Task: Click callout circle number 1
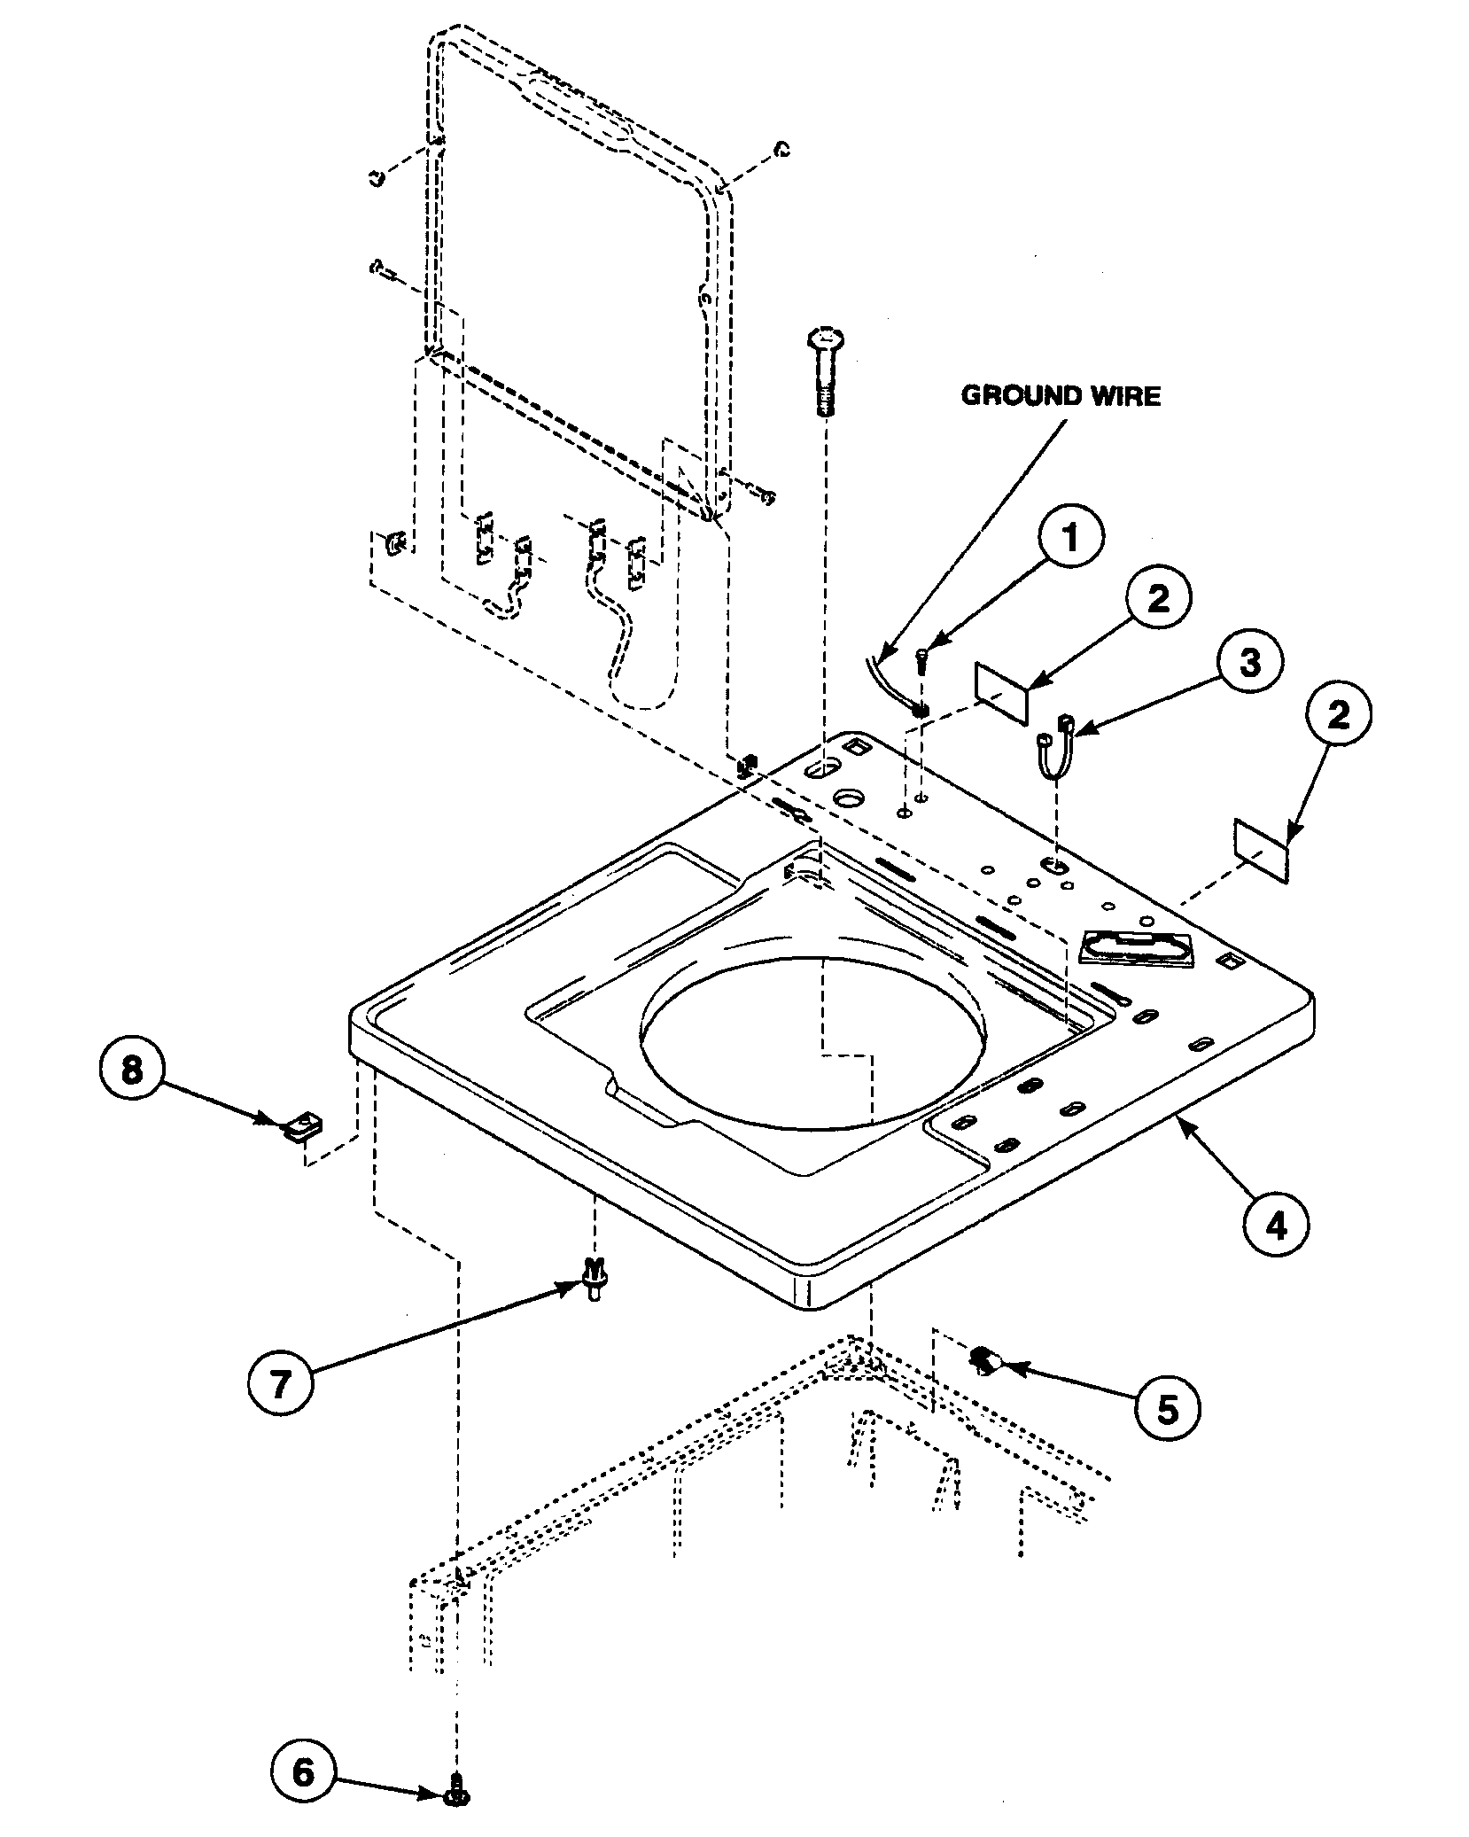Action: (x=1070, y=538)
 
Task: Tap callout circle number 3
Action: (x=1249, y=662)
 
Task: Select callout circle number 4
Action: (x=1275, y=1223)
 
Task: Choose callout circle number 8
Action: (x=131, y=1070)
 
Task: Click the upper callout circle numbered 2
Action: (x=1158, y=599)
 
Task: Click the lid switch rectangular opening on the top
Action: (x=1137, y=947)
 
